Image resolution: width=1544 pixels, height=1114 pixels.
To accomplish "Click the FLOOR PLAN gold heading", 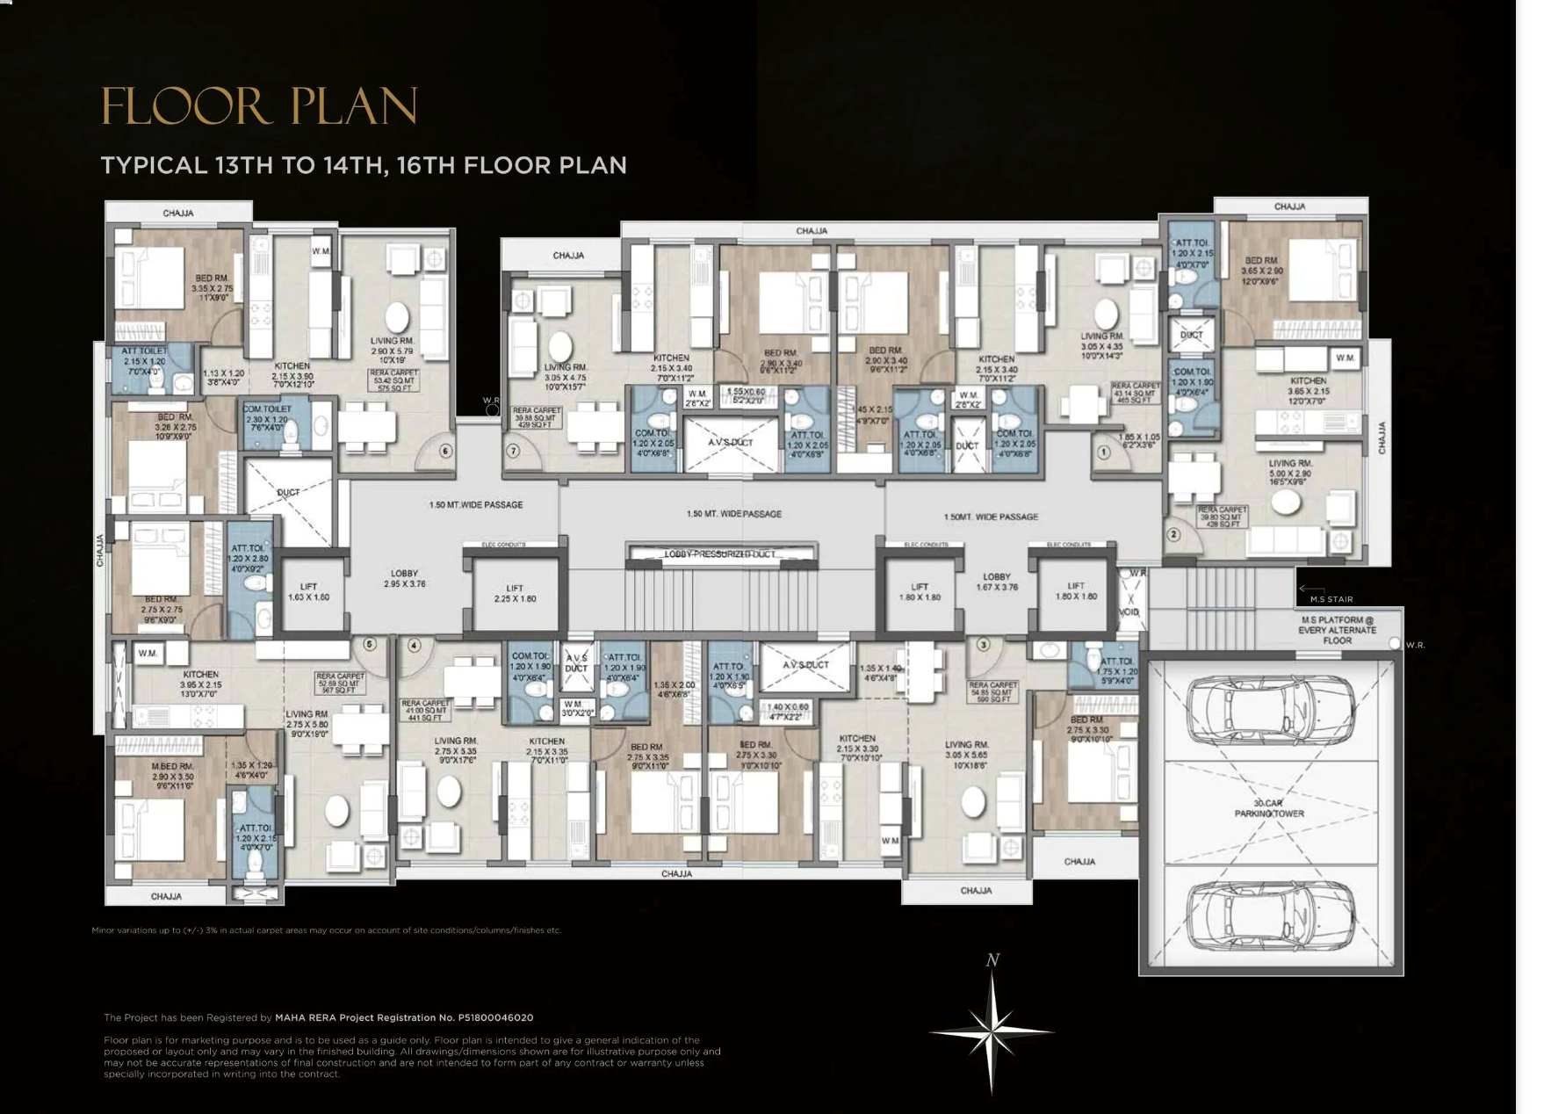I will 259,106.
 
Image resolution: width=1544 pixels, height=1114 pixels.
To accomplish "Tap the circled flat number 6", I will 445,452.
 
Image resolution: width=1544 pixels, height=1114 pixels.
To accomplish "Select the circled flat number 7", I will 514,452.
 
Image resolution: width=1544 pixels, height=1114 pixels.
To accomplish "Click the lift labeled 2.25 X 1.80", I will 515,594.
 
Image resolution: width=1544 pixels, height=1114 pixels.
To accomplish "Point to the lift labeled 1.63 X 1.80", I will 308,592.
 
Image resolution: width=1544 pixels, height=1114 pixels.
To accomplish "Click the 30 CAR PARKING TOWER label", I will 1268,808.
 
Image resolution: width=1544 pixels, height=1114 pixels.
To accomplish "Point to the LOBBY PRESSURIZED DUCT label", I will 720,554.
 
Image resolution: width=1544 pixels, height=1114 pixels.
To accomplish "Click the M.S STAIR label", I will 1331,599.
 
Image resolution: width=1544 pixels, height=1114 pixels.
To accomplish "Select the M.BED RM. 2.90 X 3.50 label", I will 172,771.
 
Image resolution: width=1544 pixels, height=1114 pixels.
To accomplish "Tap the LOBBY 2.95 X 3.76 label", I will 404,578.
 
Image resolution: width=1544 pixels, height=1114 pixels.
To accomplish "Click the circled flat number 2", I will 1173,534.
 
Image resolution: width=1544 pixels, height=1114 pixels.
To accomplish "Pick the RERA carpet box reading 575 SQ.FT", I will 394,380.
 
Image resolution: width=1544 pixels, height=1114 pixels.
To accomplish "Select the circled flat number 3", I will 983,645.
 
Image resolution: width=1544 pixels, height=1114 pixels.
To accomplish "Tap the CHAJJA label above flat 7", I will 568,256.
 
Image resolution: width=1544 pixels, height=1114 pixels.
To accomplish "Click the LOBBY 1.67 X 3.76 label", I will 996,582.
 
